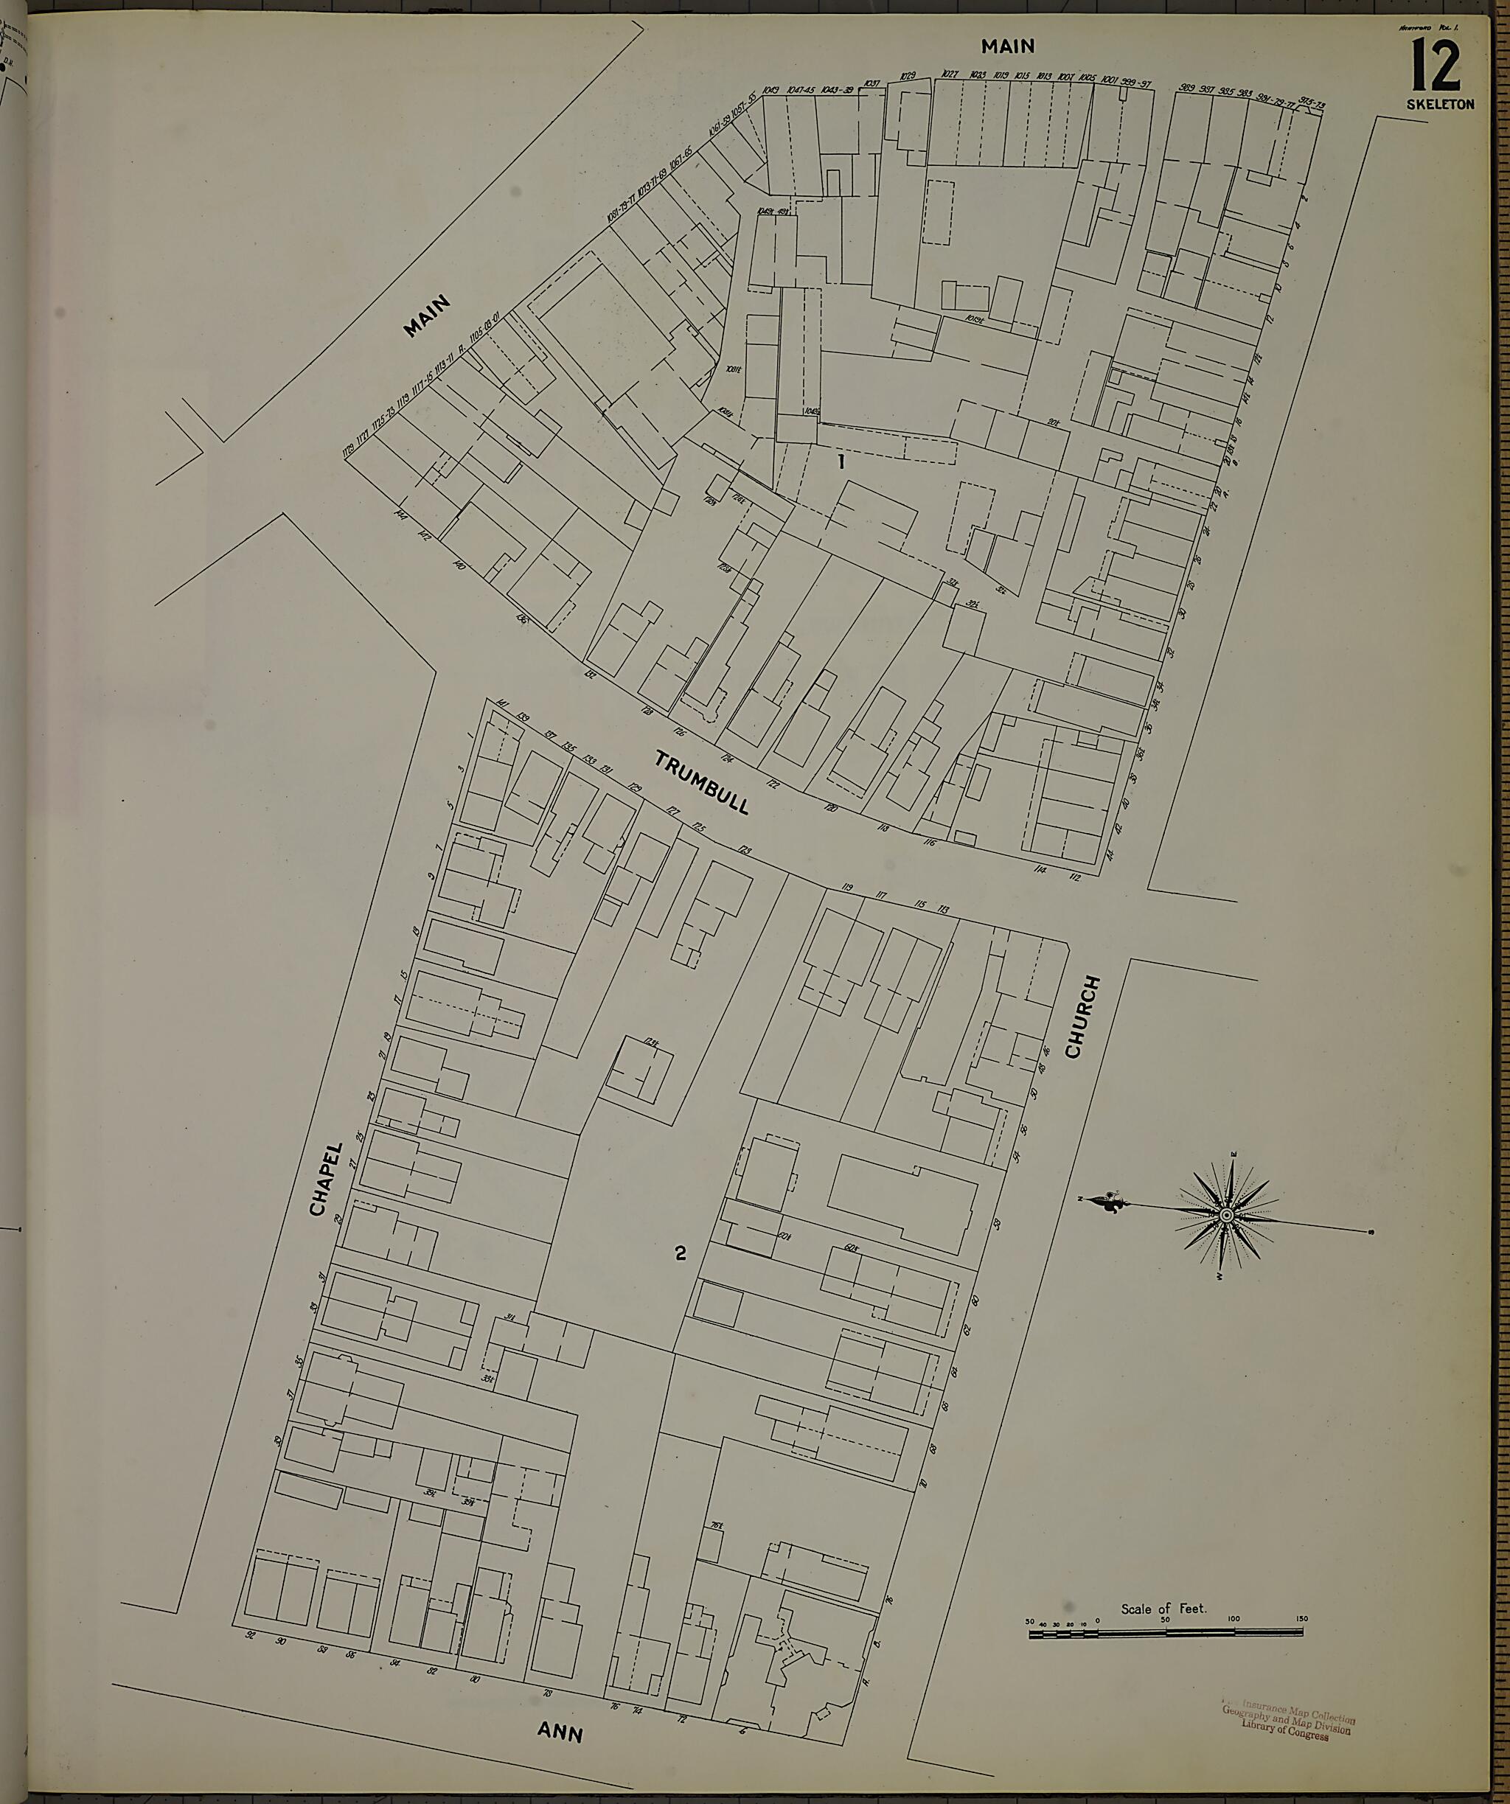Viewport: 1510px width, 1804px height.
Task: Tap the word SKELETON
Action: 1441,105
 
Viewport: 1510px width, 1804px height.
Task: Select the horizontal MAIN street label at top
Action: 1009,46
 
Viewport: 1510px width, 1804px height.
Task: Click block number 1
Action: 842,462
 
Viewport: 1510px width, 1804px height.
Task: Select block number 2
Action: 681,1253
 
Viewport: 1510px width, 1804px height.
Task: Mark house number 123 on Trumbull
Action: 743,851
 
